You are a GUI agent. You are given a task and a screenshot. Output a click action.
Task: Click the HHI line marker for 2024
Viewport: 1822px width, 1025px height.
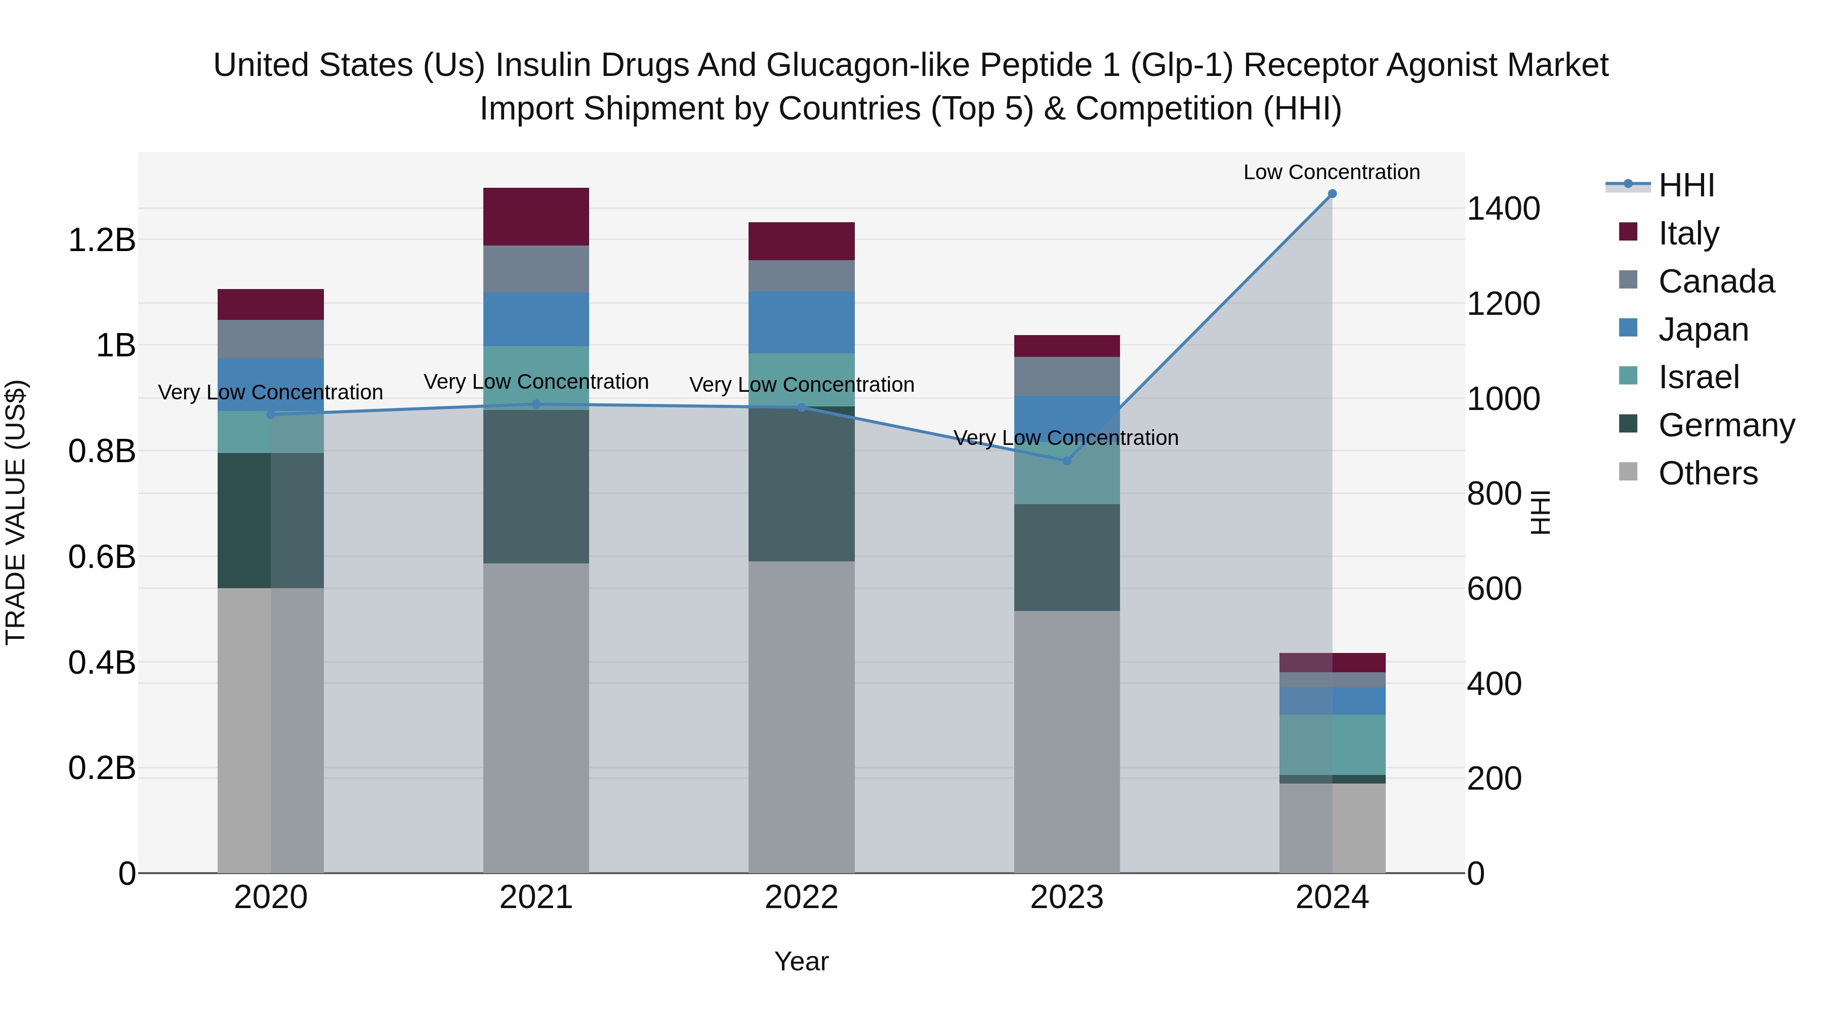1332,194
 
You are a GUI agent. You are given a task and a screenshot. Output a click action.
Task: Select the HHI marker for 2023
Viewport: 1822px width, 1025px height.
1066,461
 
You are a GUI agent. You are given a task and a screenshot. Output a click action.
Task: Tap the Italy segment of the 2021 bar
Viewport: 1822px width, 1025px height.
535,217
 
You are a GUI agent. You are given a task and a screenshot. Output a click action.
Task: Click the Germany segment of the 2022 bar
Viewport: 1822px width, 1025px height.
801,484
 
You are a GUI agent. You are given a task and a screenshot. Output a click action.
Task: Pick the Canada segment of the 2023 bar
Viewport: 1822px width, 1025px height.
1066,376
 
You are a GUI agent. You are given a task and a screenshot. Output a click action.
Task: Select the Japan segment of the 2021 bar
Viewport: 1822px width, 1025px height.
535,319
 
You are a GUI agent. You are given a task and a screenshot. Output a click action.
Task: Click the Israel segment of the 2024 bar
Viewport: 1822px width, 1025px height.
1332,745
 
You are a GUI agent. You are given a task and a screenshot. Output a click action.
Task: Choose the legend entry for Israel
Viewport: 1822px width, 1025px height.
1697,377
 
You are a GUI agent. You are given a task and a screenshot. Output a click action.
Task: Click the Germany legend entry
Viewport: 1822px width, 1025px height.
1726,425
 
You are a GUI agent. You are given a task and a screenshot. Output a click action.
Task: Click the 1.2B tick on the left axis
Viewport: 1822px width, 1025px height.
101,240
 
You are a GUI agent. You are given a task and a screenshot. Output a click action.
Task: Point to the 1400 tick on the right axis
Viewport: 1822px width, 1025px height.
1503,209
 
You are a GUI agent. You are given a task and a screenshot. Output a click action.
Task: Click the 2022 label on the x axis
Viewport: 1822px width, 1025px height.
801,897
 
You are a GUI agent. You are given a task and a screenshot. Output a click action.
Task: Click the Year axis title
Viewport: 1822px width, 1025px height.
801,961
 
